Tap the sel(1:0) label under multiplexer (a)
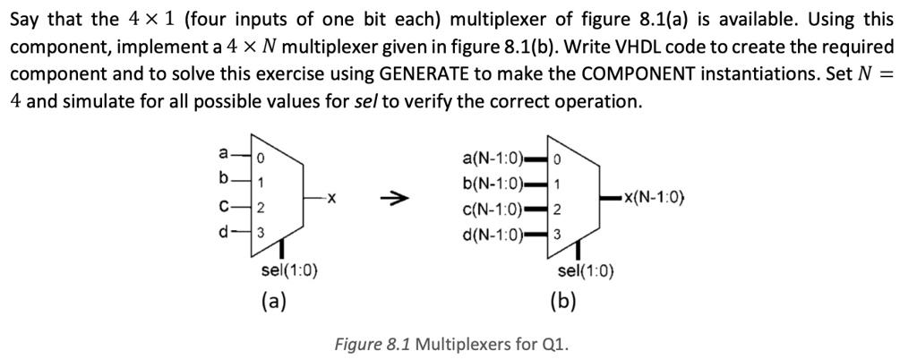click(x=286, y=271)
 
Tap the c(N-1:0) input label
click(x=493, y=210)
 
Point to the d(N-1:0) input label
click(x=493, y=235)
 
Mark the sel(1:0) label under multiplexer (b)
click(x=586, y=271)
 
